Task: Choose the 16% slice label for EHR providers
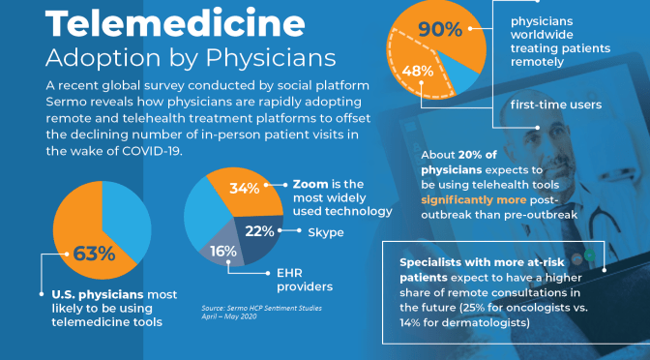click(x=222, y=252)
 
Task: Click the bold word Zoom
click(x=308, y=183)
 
